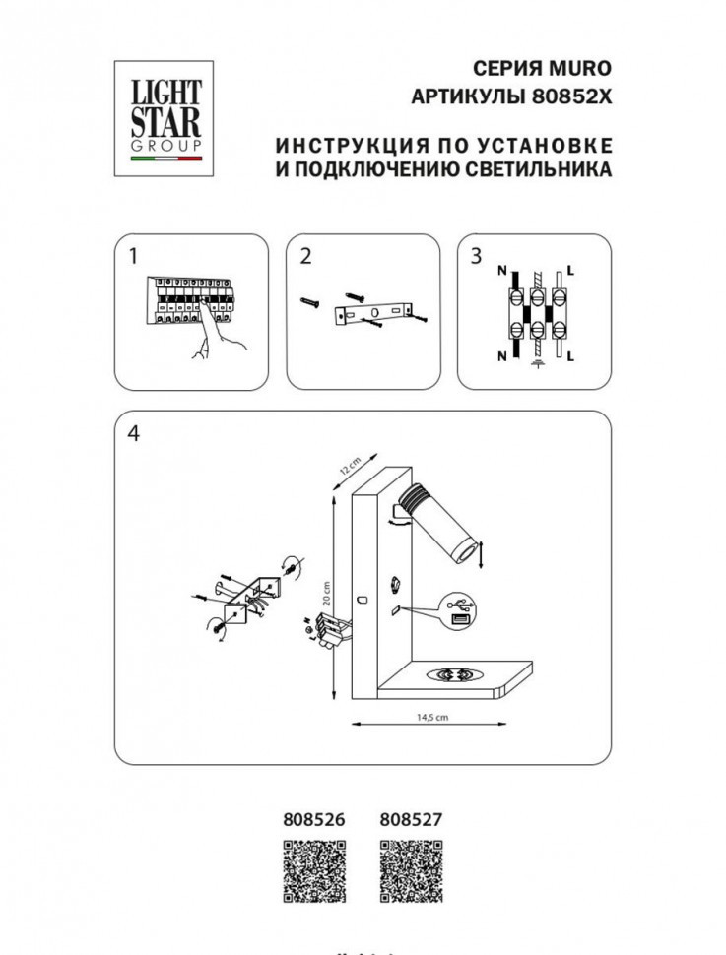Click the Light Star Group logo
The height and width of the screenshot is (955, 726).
point(159,117)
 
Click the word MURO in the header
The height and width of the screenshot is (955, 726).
point(584,68)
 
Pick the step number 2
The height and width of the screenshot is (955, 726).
point(304,256)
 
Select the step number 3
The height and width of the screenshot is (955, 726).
point(477,256)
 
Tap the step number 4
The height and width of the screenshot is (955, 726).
point(133,432)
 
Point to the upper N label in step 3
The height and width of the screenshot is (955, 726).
point(501,270)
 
